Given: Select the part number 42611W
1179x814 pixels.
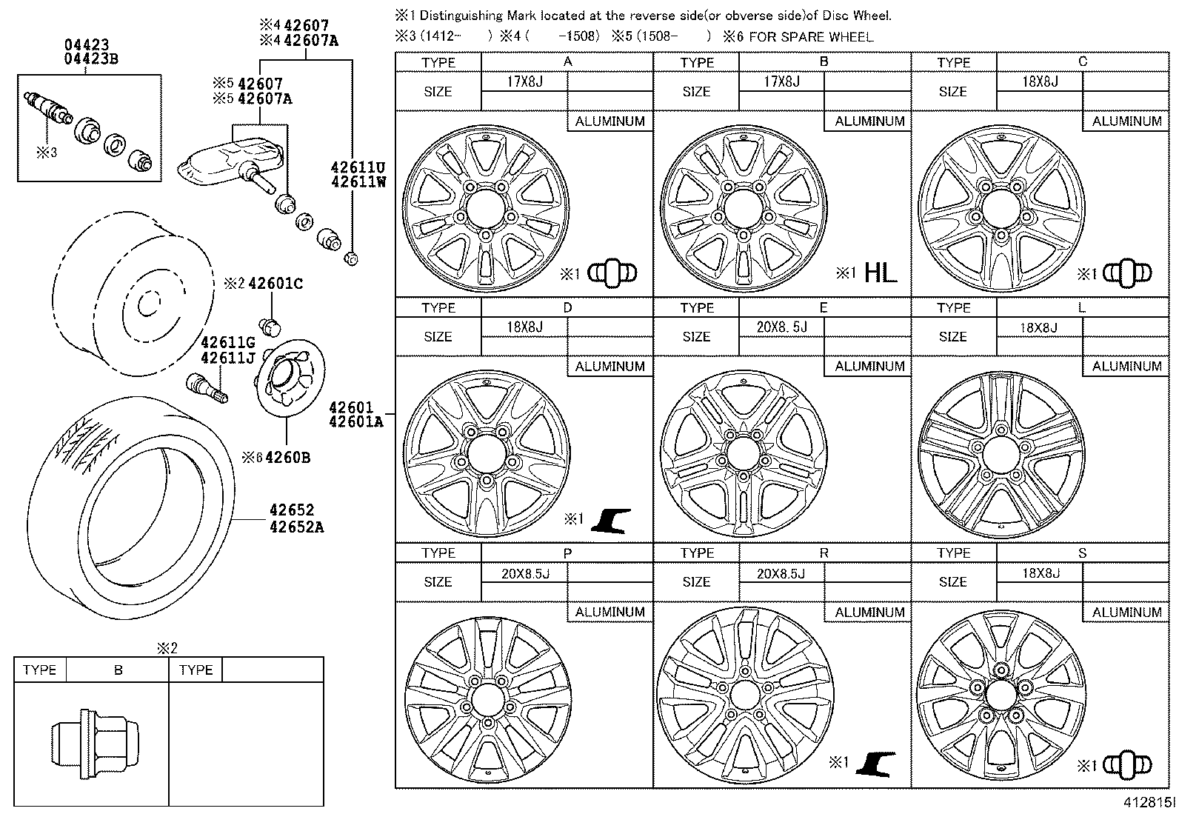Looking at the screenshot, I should point(358,181).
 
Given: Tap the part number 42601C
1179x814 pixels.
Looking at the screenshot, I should point(275,284).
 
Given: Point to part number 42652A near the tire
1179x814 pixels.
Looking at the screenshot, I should point(296,527).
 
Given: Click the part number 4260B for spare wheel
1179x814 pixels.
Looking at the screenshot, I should point(287,458).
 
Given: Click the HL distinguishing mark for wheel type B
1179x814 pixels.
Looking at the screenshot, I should point(880,273).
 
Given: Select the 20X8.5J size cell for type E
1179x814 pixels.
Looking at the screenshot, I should point(781,327).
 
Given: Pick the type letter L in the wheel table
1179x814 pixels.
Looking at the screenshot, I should point(1082,307).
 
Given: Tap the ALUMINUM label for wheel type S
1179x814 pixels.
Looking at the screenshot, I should point(1126,612).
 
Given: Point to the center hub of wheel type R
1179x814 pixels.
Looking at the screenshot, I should point(744,693).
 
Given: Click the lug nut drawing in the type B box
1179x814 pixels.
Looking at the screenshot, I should point(80,739).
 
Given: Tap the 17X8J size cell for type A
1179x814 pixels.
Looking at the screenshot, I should point(524,81).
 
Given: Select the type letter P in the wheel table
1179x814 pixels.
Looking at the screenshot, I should point(567,553).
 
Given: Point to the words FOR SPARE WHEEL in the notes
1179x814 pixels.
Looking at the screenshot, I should point(810,36).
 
